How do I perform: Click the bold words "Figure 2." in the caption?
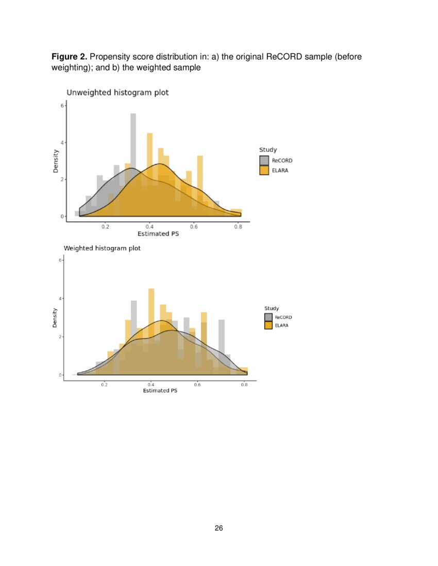(69, 57)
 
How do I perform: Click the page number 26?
(219, 528)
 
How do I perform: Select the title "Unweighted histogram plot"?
(118, 93)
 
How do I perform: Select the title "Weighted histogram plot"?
(102, 248)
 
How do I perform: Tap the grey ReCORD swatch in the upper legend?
(264, 161)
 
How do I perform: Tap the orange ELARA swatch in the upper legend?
(264, 170)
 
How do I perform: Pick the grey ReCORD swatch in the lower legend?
(268, 317)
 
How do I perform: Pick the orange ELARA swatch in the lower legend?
(268, 326)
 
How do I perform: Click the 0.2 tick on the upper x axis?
(105, 226)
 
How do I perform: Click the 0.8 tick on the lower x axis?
(244, 384)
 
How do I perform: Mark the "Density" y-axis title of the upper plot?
(56, 161)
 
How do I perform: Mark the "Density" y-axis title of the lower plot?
(54, 317)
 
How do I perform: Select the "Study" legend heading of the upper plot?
(268, 150)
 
